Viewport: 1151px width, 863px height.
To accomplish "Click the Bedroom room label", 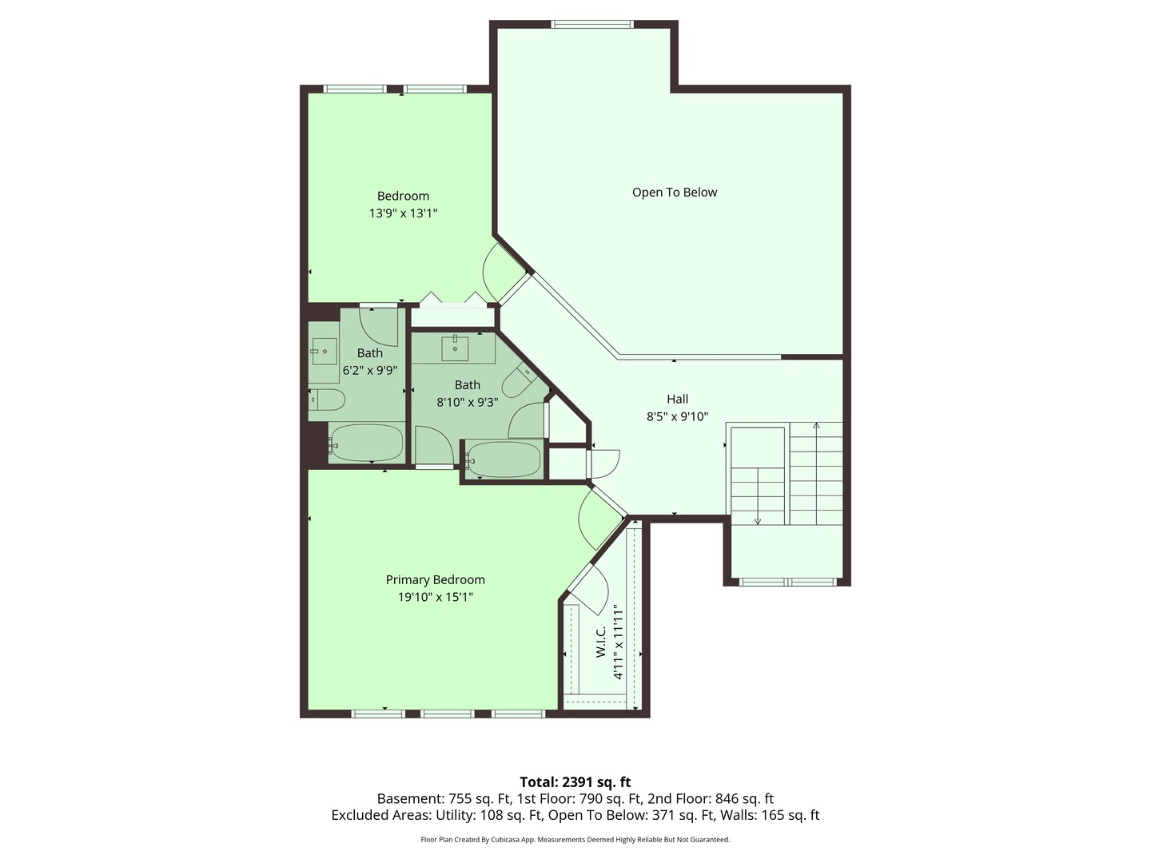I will (403, 196).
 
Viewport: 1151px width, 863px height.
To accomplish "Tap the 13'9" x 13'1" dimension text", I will (403, 213).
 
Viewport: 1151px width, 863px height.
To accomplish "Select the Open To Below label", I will (674, 192).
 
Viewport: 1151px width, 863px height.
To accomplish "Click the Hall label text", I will (677, 399).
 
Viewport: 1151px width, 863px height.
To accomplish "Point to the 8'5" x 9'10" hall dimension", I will (677, 416).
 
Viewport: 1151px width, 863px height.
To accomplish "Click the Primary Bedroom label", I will (435, 579).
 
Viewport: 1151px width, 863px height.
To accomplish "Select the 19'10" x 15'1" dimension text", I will (435, 597).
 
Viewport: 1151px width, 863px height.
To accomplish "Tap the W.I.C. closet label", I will (601, 643).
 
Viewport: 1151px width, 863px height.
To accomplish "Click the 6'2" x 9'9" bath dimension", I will (369, 370).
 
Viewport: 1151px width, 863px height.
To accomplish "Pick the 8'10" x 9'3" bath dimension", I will (467, 402).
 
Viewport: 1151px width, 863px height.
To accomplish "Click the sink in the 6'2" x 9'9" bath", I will (324, 350).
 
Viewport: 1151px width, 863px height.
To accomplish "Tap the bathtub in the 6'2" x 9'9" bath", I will (366, 443).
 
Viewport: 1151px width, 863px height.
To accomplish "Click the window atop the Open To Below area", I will (592, 25).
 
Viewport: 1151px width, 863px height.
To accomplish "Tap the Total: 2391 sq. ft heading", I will (575, 781).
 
